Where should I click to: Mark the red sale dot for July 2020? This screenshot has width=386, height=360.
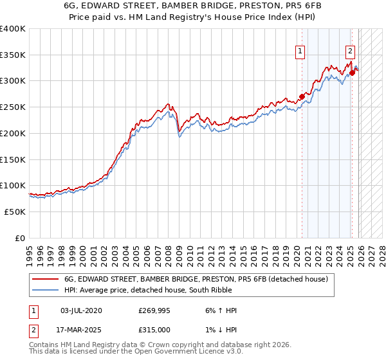coord(302,97)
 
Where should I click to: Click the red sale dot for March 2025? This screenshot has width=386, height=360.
coord(352,73)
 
